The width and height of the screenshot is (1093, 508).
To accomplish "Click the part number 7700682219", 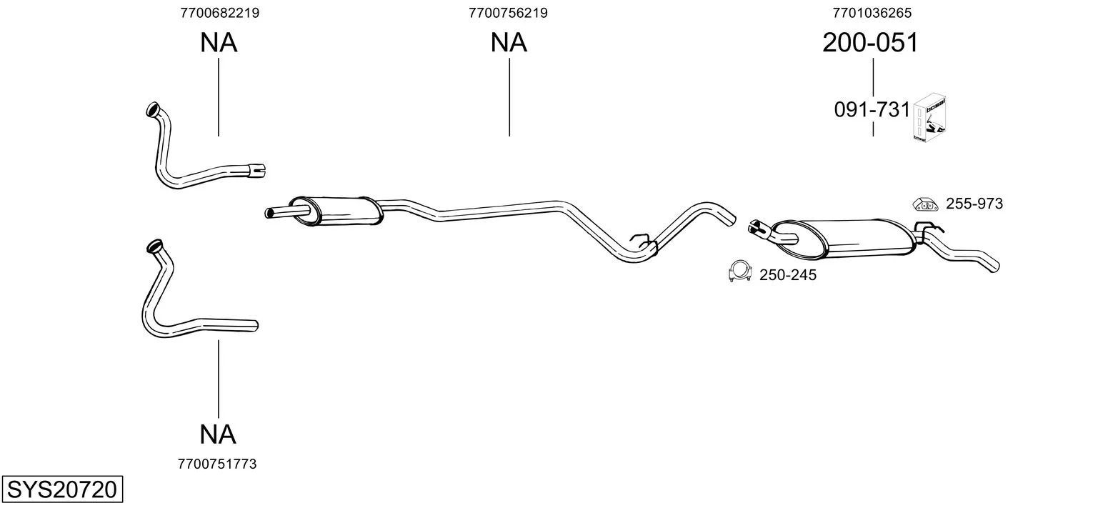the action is pyautogui.click(x=219, y=13).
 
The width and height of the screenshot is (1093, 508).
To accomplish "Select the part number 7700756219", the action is pyautogui.click(x=508, y=13).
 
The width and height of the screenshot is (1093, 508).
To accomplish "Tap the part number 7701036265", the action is pyautogui.click(x=872, y=13).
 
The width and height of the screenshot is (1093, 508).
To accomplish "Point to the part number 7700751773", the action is pyautogui.click(x=217, y=464).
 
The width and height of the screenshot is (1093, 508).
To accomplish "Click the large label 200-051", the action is pyautogui.click(x=871, y=42).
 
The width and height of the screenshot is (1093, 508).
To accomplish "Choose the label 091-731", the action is pyautogui.click(x=872, y=110).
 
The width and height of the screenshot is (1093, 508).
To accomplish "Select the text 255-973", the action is pyautogui.click(x=974, y=204).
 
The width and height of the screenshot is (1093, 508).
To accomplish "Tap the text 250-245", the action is pyautogui.click(x=788, y=275).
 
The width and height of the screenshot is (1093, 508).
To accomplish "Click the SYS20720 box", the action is pyautogui.click(x=62, y=489).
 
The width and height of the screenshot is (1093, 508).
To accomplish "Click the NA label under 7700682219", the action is pyautogui.click(x=219, y=42).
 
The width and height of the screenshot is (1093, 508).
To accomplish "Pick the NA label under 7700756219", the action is pyautogui.click(x=509, y=42).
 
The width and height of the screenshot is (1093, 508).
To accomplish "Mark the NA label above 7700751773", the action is pyautogui.click(x=218, y=434).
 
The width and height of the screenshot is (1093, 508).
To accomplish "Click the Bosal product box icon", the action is pyautogui.click(x=929, y=118).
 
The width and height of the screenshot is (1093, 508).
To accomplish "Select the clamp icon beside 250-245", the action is pyautogui.click(x=739, y=272).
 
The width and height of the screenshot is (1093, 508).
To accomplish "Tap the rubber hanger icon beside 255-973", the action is pyautogui.click(x=925, y=204).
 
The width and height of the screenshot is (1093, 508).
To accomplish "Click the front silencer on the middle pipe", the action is pyautogui.click(x=336, y=211).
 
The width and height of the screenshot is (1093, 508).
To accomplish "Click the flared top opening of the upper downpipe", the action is pyautogui.click(x=153, y=109).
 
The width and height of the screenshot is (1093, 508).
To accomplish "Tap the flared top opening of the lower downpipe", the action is pyautogui.click(x=154, y=246).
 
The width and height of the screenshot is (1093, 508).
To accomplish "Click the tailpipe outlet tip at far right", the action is pyautogui.click(x=994, y=267).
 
